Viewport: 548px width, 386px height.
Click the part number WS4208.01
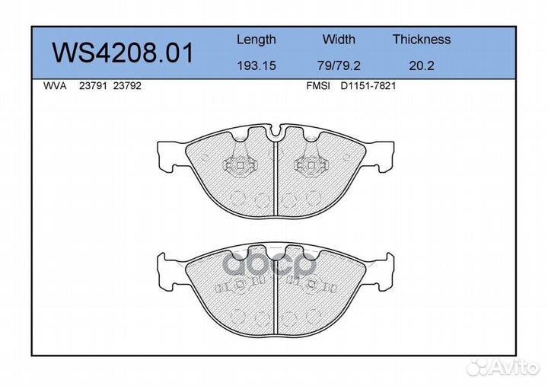[x=123, y=53]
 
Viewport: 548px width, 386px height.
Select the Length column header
[x=256, y=40]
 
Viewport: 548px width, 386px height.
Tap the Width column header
[x=339, y=39]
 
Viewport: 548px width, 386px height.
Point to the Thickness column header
[x=422, y=39]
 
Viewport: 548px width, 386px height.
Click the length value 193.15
[x=256, y=65]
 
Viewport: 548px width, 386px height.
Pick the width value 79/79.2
[x=339, y=65]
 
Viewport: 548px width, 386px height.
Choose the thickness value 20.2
[x=422, y=65]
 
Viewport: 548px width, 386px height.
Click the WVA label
[x=55, y=86]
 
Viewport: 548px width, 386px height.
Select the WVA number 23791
[x=93, y=86]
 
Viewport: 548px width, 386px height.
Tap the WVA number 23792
[x=127, y=86]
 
